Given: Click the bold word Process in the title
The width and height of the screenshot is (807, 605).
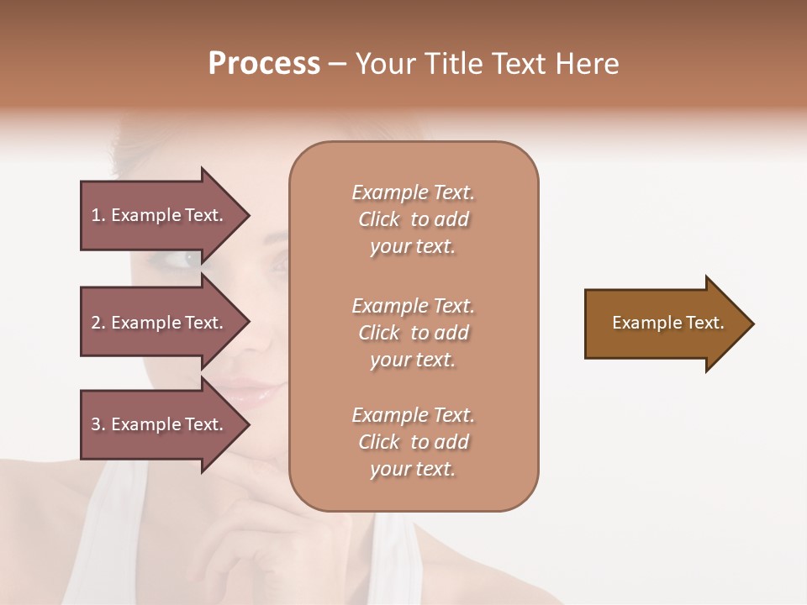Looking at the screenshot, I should click(x=264, y=64).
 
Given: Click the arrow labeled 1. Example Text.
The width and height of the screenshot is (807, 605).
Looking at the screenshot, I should click(x=160, y=215).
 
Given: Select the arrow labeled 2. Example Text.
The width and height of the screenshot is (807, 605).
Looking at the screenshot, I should click(x=160, y=323).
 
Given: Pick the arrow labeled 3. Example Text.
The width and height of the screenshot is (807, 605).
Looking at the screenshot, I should click(x=160, y=424).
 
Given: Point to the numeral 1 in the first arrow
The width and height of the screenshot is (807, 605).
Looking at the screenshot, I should click(x=97, y=215).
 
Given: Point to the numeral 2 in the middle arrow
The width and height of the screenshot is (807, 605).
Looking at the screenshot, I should click(x=97, y=323).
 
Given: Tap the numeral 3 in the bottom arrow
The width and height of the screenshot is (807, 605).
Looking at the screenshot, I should click(x=97, y=424).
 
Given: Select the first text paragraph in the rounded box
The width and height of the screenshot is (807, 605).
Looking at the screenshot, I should click(x=413, y=219).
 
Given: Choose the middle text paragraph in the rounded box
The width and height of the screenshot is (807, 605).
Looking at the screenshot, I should click(x=413, y=332).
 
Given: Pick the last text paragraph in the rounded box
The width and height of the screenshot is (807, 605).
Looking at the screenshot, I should click(x=413, y=442).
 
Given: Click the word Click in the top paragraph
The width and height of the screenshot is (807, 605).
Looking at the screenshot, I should click(x=379, y=219).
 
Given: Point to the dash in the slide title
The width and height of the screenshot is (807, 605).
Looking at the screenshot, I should click(x=337, y=65).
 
